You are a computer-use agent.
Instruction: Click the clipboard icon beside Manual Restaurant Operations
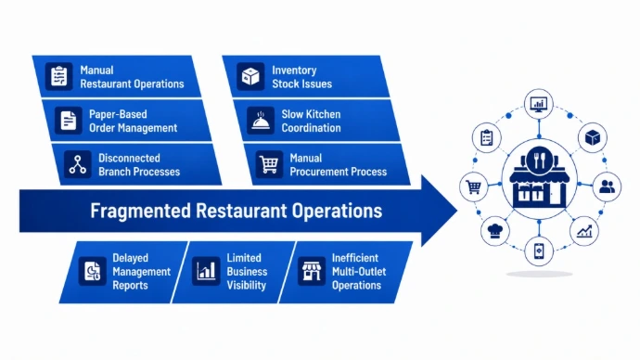[58, 76]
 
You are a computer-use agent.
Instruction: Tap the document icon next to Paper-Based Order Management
[68, 121]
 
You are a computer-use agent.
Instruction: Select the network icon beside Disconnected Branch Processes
[78, 164]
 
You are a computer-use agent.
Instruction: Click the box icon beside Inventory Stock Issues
[250, 76]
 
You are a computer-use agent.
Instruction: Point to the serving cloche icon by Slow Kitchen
[261, 121]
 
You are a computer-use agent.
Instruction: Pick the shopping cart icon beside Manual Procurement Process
[269, 164]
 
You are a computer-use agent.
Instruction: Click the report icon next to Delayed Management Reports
[92, 271]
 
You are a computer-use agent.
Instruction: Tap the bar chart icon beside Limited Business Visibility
[206, 271]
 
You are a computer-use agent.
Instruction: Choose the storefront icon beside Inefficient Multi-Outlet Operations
[312, 271]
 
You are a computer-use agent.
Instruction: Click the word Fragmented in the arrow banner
[140, 211]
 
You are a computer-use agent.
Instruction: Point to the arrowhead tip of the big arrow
[456, 211]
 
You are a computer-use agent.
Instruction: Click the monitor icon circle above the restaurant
[539, 104]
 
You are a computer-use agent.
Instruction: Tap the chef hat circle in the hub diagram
[495, 231]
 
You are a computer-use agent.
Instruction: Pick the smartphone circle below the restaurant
[539, 251]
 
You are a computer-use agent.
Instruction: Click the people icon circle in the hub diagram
[607, 186]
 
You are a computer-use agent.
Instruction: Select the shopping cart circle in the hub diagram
[473, 186]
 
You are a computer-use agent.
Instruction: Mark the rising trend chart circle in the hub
[584, 231]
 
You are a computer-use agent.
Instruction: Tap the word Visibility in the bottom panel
[246, 285]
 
